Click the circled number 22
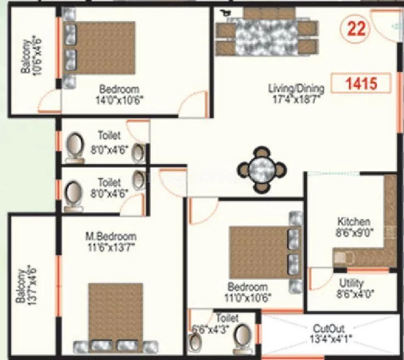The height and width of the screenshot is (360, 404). (356, 28)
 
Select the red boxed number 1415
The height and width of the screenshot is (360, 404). (361, 84)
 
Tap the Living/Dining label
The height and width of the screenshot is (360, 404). (296, 88)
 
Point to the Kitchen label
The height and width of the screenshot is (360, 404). (354, 222)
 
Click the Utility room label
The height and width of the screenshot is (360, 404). (351, 283)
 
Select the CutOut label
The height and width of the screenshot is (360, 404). (329, 329)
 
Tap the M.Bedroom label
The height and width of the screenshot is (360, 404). (111, 237)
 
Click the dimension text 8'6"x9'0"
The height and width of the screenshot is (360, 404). (354, 231)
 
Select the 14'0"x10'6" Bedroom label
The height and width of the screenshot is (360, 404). (119, 89)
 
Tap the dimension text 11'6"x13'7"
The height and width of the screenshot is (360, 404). (111, 246)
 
